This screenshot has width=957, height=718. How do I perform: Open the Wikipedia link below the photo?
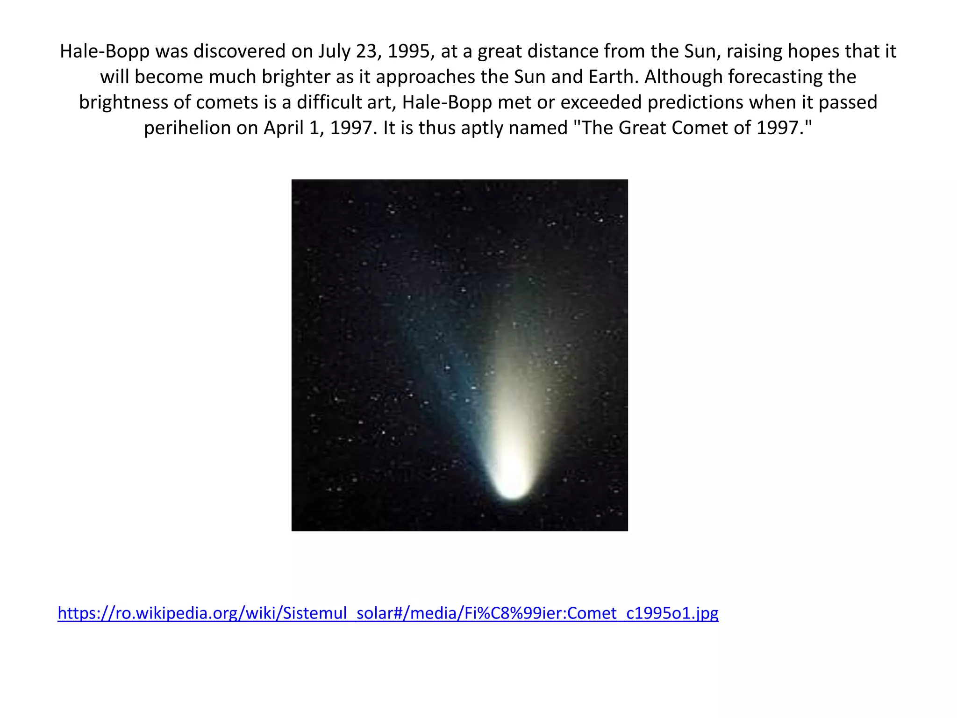coord(388,612)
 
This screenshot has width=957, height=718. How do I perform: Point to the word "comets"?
coord(224,102)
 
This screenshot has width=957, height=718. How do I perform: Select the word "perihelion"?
coord(187,128)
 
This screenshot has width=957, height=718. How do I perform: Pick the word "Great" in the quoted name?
coord(644,128)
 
